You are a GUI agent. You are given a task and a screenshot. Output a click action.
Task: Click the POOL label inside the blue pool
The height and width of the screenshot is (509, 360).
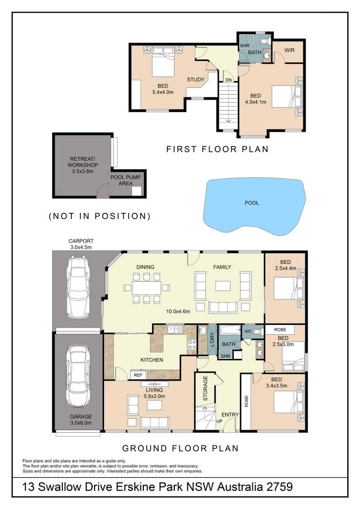coord(252,203)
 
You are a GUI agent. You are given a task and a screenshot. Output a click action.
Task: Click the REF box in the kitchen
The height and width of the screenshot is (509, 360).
coord(138,375)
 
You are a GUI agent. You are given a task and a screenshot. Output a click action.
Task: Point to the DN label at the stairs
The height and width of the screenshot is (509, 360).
coord(229,80)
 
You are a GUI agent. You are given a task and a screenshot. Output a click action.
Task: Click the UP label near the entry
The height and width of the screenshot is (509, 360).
coord(219,421)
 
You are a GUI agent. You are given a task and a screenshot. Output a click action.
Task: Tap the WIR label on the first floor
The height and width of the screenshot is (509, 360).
coord(289,50)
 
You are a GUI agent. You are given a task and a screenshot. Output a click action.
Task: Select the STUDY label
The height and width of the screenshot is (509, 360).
coord(195,80)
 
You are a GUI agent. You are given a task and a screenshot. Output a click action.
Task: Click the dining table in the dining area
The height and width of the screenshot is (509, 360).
coord(147,288)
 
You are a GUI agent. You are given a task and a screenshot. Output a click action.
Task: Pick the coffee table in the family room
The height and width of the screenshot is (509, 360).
coord(223,286)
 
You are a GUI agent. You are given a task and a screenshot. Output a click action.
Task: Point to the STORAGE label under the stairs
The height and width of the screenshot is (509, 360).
coord(205,388)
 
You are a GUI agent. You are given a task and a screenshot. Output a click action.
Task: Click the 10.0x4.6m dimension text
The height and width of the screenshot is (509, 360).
coord(178,311)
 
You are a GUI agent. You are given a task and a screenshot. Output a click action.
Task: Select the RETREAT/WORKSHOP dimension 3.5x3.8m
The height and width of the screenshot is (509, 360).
coord(82,171)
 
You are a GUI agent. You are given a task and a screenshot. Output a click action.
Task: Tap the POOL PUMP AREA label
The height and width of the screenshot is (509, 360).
coord(126,181)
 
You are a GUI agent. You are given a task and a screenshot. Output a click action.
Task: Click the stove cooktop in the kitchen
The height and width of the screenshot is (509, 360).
coord(192,344)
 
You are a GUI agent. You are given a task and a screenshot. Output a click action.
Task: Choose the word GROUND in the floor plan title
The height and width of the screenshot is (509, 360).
coord(141,448)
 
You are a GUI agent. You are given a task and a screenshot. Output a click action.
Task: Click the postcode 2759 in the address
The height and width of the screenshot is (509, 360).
coord(279,487)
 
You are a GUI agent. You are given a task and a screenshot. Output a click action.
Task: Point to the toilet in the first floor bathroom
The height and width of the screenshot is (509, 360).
coord(265,42)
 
